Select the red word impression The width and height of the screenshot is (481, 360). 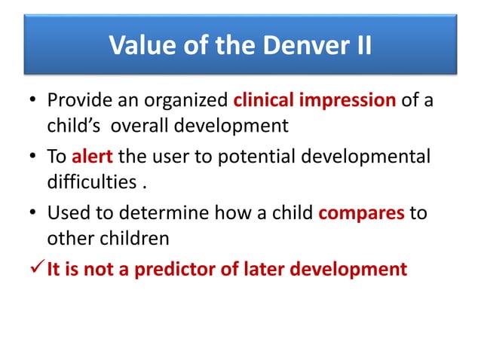(345, 101)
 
